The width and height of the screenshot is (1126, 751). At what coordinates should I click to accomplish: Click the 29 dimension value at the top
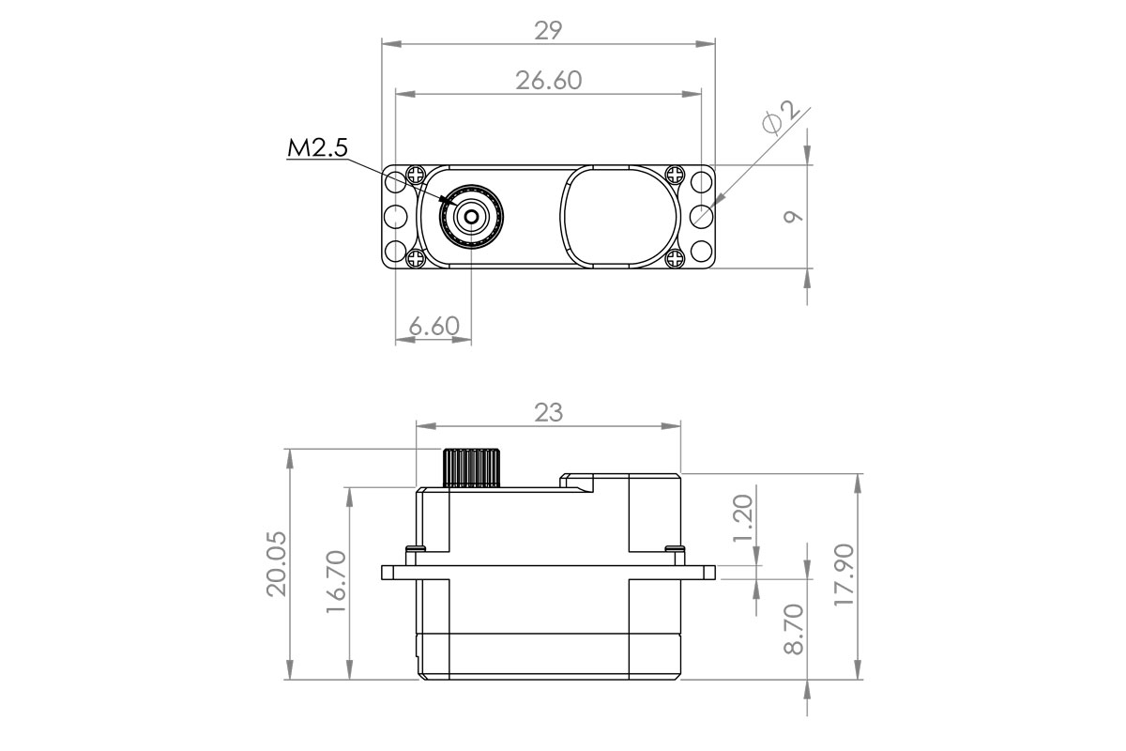(x=548, y=31)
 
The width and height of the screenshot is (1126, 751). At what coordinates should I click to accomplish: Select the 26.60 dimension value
(x=548, y=81)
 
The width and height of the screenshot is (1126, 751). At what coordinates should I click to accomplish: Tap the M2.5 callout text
(x=317, y=148)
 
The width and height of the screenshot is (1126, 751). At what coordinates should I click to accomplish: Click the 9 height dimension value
(x=793, y=216)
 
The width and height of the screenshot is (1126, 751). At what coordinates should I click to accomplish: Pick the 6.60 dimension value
(x=434, y=326)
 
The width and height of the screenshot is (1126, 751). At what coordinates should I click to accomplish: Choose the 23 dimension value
(x=548, y=412)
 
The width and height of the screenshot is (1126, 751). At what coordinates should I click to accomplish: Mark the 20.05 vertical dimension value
(x=277, y=564)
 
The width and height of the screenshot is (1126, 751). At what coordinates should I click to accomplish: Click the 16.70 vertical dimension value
(x=336, y=581)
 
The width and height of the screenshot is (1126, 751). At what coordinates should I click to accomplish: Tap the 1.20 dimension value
(x=743, y=518)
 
